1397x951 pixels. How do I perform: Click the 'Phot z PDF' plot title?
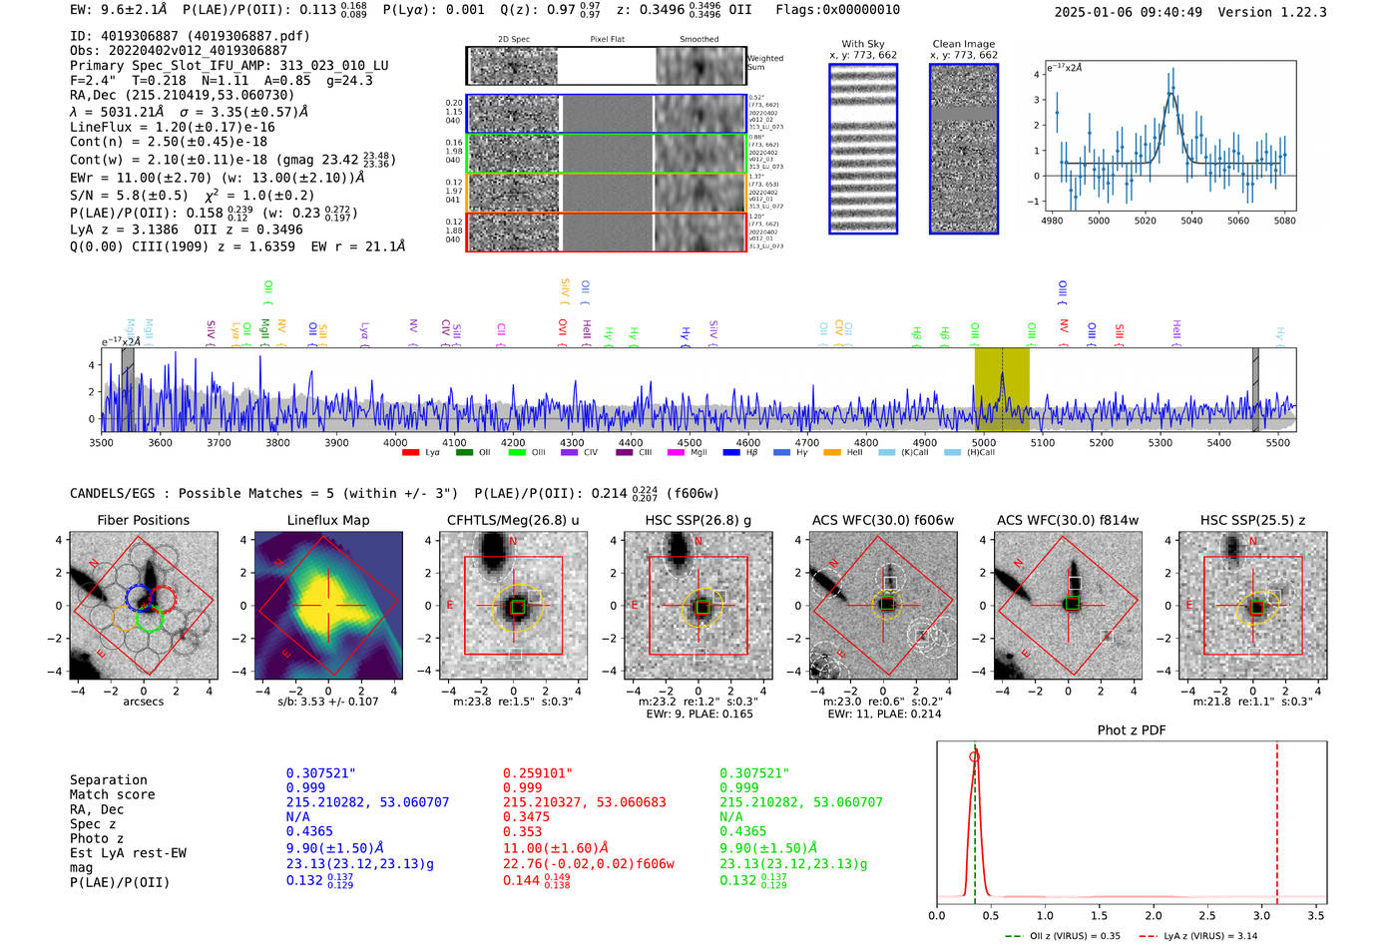(1131, 730)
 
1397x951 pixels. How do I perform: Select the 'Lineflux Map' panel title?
(327, 520)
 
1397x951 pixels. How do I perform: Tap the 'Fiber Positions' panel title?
(143, 520)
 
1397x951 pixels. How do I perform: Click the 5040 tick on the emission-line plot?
(1191, 221)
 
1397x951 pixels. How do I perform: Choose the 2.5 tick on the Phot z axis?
(1208, 915)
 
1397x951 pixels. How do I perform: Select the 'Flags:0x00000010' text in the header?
(837, 9)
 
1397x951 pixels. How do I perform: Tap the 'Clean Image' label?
(963, 44)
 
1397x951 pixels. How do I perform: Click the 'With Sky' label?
(862, 44)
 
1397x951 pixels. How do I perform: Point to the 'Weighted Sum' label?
(764, 63)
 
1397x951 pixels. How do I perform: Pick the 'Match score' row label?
(112, 794)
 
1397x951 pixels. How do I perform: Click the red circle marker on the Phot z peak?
(974, 756)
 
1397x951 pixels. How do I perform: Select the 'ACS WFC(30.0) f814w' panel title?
(1067, 520)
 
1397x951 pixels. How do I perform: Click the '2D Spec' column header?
(513, 40)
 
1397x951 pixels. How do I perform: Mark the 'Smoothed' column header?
(698, 40)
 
